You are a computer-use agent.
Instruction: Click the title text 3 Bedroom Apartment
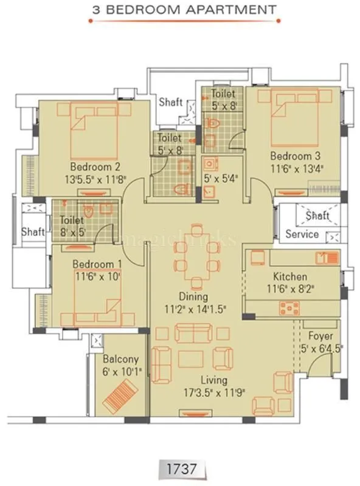[183, 10]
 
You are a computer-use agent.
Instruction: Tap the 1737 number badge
[180, 468]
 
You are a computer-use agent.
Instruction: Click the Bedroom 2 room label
[94, 167]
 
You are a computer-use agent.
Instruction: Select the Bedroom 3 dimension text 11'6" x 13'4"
[297, 168]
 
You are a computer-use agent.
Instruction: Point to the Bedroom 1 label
[93, 264]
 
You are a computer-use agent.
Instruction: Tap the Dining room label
[193, 297]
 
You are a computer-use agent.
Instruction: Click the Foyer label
[320, 335]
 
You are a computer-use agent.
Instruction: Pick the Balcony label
[120, 359]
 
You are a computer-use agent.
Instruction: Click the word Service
[302, 234]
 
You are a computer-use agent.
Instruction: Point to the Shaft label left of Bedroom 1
[33, 231]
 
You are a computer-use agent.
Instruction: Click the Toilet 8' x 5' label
[72, 227]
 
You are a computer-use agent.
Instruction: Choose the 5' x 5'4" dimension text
[220, 179]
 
